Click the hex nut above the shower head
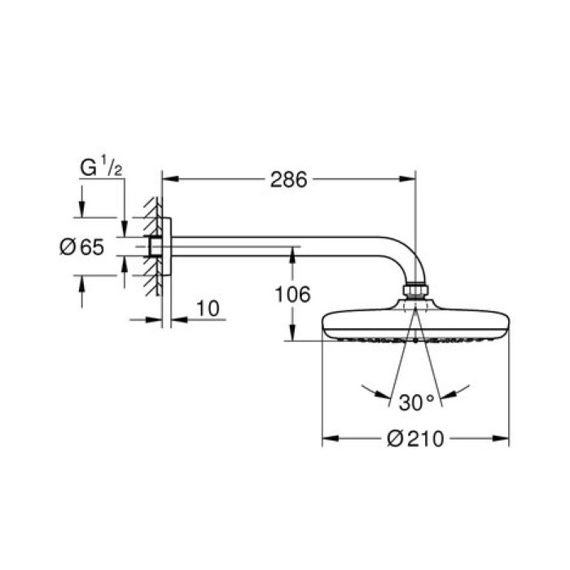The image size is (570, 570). click(x=415, y=292)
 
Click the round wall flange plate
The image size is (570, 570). click(x=167, y=247)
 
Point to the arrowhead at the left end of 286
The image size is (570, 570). click(x=169, y=180)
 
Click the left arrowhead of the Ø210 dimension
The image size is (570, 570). click(x=329, y=439)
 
